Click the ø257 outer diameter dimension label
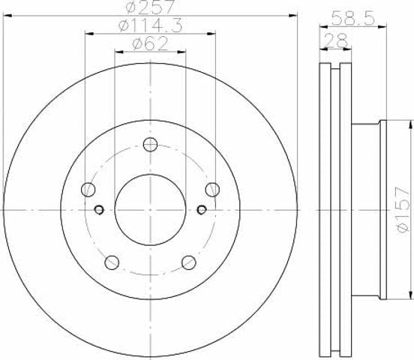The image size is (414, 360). tap(150, 7)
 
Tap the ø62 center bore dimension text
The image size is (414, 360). tap(150, 43)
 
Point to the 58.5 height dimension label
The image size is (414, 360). tap(353, 19)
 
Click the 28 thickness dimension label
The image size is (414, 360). tap(335, 40)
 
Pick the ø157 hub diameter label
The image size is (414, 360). tap(403, 209)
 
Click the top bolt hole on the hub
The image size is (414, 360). tap(150, 145)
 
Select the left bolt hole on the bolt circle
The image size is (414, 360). tap(88, 190)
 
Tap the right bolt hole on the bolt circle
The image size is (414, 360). tap(212, 190)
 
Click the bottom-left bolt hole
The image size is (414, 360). tap(112, 262)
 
